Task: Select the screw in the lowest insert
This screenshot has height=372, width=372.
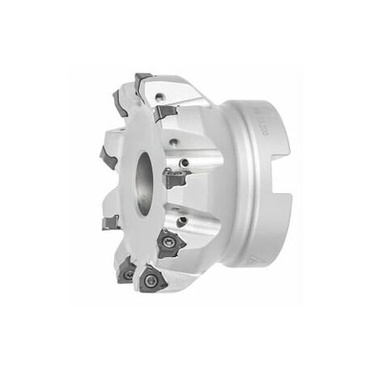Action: [x=152, y=281]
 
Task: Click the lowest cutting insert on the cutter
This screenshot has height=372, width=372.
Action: [x=153, y=280]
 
